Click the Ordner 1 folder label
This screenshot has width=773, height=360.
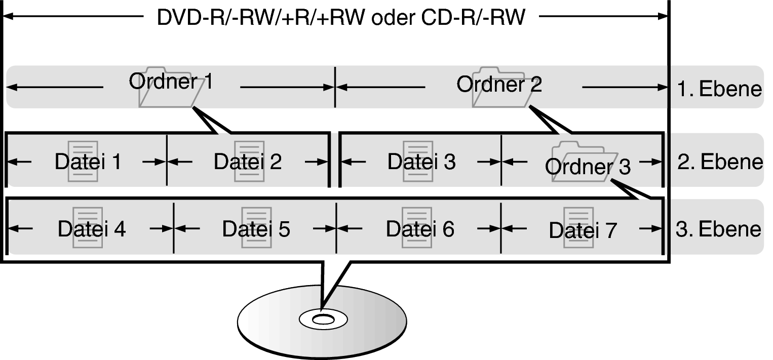[x=171, y=82]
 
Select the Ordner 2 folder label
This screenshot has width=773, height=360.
[x=499, y=84]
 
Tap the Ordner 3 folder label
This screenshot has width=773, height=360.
[x=588, y=167]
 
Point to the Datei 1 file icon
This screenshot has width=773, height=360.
[x=83, y=162]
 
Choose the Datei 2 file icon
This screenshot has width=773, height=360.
[x=249, y=162]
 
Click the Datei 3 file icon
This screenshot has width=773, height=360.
[x=418, y=162]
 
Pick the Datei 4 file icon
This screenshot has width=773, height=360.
[x=88, y=227]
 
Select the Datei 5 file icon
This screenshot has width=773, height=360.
[x=256, y=227]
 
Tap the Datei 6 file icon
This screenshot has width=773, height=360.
[x=417, y=227]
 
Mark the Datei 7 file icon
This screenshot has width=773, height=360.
[x=578, y=227]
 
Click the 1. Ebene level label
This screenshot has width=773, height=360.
[x=719, y=89]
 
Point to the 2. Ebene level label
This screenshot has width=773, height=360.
[x=720, y=162]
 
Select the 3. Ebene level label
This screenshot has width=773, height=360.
[x=718, y=229]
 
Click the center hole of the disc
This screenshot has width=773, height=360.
[x=323, y=321]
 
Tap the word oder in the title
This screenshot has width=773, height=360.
[x=393, y=17]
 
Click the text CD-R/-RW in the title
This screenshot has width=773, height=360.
[x=473, y=17]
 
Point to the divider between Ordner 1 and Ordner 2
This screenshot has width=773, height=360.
[x=335, y=87]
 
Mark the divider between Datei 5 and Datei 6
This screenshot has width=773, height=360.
[x=336, y=228]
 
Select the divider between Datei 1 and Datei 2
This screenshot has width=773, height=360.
[x=167, y=160]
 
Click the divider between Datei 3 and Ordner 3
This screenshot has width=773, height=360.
[x=501, y=160]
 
